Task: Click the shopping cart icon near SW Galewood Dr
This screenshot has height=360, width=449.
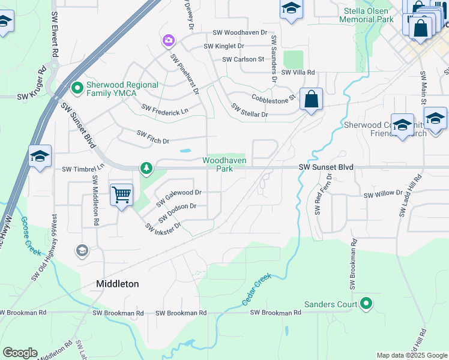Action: click(x=121, y=194)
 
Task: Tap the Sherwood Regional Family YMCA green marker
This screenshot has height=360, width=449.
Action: click(x=77, y=89)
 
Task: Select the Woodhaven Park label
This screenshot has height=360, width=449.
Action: click(x=224, y=164)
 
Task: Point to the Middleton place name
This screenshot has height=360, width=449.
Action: click(x=118, y=284)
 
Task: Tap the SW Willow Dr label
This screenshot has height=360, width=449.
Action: click(x=383, y=194)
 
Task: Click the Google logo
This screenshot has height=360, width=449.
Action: click(x=20, y=353)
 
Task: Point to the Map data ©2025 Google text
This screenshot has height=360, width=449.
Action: click(x=411, y=355)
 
